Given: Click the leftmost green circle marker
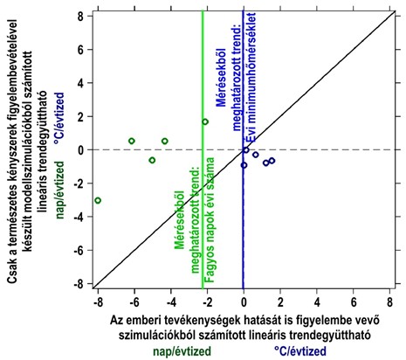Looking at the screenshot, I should click(98, 200).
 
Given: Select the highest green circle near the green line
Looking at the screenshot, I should click(205, 121).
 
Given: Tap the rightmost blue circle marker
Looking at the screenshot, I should click(272, 161).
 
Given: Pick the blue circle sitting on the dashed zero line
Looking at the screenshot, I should click(245, 150).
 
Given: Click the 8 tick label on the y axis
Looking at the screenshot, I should click(79, 16).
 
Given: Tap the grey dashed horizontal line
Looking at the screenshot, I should click(332, 150).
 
